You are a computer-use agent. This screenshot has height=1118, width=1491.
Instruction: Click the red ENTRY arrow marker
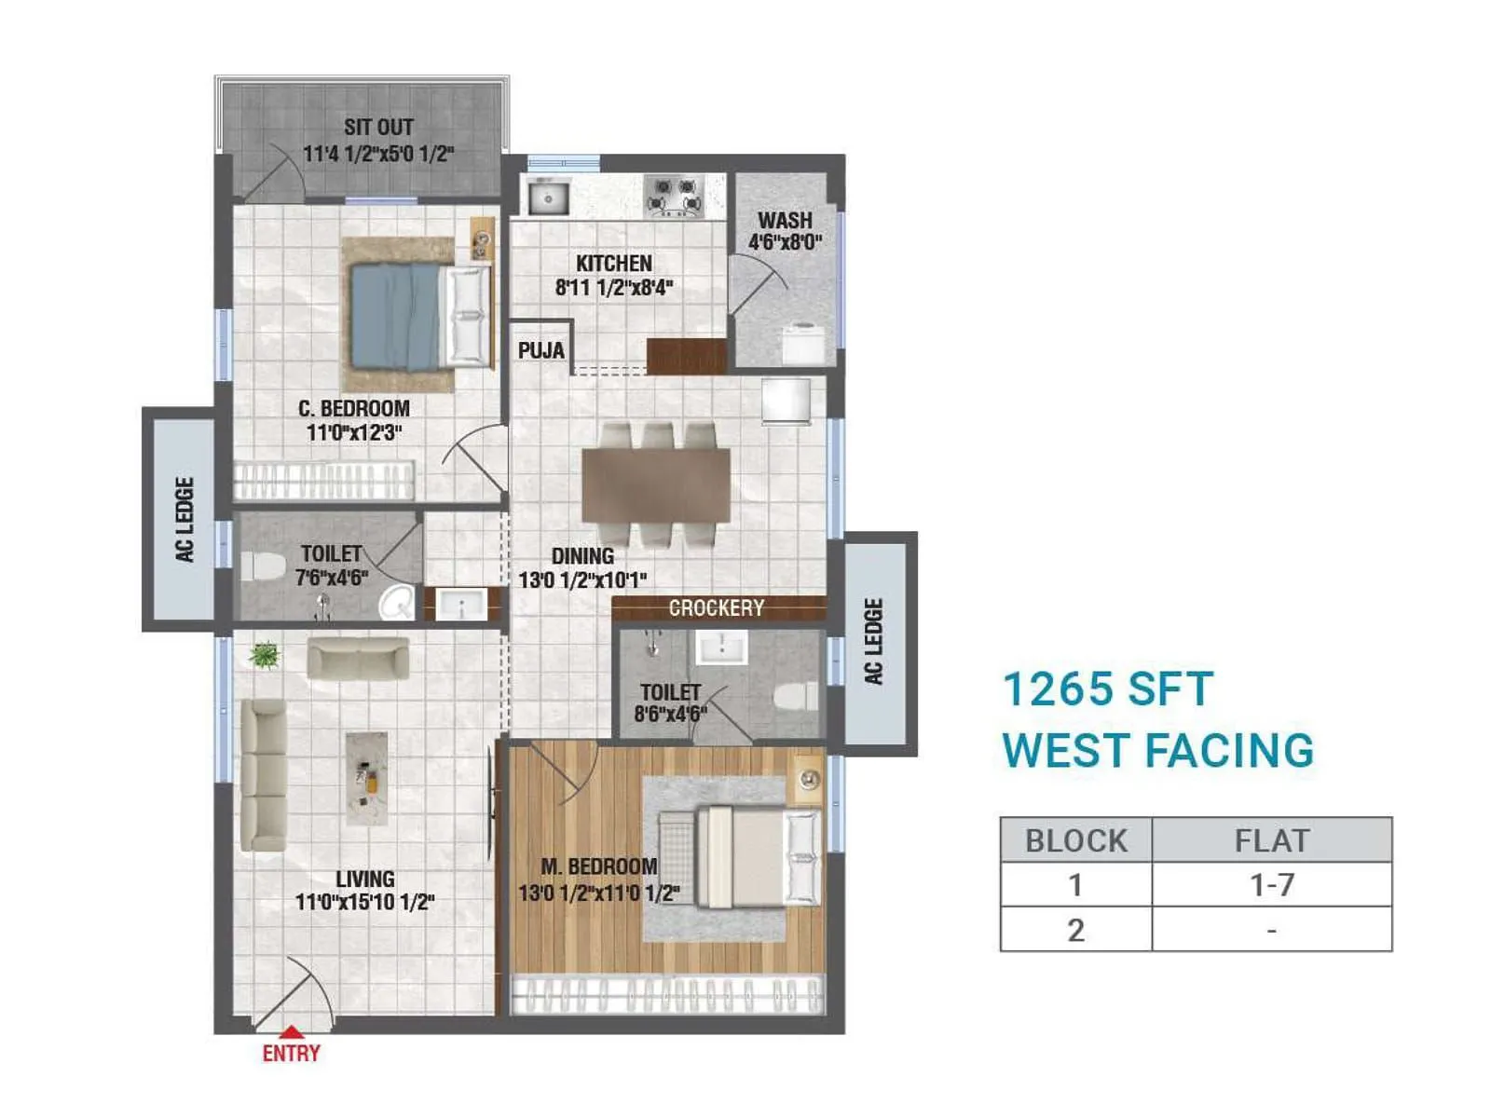click(x=292, y=1031)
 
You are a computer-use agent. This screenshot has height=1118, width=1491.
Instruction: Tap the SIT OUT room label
click(x=378, y=128)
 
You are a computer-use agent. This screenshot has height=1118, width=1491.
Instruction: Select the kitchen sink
click(x=549, y=198)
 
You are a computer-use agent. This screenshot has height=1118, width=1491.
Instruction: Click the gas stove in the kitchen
click(x=674, y=197)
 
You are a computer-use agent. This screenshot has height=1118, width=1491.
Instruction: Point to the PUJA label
click(x=541, y=351)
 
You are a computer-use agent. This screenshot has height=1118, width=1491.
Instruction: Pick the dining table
click(x=656, y=485)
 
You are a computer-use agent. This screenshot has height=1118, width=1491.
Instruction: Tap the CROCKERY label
click(x=716, y=608)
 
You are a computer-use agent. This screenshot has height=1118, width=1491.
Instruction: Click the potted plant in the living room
click(x=265, y=656)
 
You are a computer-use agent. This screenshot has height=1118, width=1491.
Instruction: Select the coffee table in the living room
click(x=366, y=778)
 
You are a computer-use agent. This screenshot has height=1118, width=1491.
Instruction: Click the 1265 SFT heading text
click(x=1107, y=690)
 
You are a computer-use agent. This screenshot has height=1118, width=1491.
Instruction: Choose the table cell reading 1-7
click(x=1271, y=884)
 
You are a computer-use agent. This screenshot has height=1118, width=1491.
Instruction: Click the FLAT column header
click(x=1271, y=840)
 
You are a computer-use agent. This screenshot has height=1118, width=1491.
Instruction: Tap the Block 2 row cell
click(x=1075, y=930)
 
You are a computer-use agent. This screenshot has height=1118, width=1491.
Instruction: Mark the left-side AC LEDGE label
click(x=185, y=520)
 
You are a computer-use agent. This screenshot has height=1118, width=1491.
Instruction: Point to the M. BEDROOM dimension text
click(x=599, y=893)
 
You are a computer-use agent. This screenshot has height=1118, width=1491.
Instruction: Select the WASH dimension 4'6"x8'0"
click(x=785, y=243)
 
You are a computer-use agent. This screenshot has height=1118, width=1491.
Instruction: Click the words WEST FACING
click(x=1157, y=751)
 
